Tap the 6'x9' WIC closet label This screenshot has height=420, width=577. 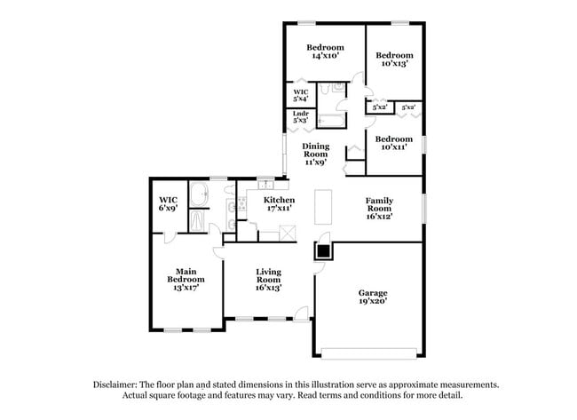pyautogui.click(x=169, y=203)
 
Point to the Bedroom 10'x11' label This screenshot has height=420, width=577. pyautogui.click(x=393, y=143)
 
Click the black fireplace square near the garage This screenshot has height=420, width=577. pyautogui.click(x=324, y=250)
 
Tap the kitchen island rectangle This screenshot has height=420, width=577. pyautogui.click(x=323, y=206)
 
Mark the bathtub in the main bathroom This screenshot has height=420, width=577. pyautogui.click(x=199, y=220)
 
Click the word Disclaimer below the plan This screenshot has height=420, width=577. pyautogui.click(x=119, y=384)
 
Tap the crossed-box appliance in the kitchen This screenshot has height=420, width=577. pyautogui.click(x=288, y=233)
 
